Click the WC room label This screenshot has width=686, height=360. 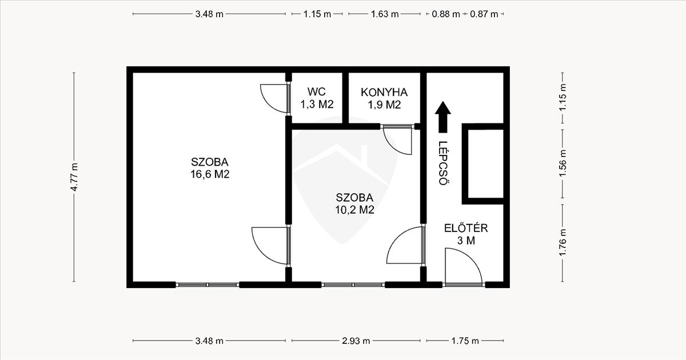pos(317,91)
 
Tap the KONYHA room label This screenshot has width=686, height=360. pos(384,92)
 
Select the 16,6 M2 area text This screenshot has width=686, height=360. pos(210,174)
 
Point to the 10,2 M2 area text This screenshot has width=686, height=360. pos(354,210)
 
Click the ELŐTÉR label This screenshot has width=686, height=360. pos(466,228)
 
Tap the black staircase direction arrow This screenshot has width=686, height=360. pos(443,117)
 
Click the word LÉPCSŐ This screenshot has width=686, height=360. pos(443,163)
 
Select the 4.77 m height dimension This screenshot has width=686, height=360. pos(74,177)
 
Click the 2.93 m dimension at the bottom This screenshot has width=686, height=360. pos(356,341)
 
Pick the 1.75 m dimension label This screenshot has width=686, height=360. pos(465,341)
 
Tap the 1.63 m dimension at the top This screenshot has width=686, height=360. pos(385,14)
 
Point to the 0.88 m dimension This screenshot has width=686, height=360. pos(446,14)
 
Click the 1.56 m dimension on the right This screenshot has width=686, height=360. pos(563,163)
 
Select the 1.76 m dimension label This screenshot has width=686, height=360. pos(563,243)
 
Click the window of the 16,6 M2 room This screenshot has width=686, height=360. pos(208,285)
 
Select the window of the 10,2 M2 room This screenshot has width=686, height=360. pos(353,285)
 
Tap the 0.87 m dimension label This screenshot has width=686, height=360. pos(484,14)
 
